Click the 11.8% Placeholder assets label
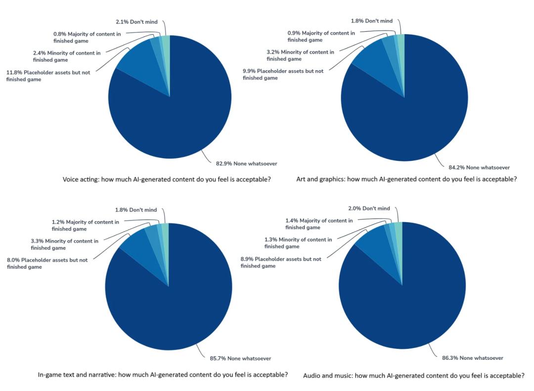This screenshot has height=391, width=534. pos(48,75)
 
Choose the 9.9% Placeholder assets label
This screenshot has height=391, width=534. pos(283,74)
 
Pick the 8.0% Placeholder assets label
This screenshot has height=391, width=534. pos(47,263)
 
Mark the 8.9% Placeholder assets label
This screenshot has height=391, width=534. pos(280,262)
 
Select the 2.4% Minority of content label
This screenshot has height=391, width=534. pos(67,56)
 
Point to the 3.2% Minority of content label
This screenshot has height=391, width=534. pos(300,55)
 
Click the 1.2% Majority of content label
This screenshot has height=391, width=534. pos(86,225)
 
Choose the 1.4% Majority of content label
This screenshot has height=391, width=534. pos(319,224)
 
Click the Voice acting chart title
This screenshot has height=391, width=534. pos(167,179)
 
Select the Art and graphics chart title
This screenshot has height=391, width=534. pos(406,179)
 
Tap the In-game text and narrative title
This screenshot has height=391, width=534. pos(163,374)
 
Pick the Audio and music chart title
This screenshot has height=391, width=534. pos(414,376)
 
